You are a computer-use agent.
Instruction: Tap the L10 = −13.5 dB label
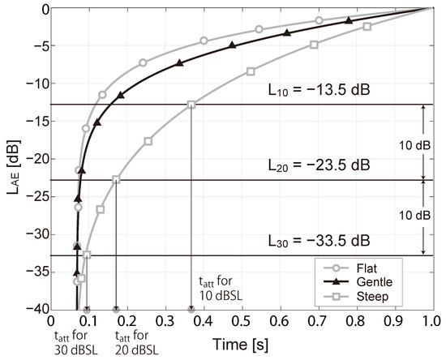[x=319, y=90]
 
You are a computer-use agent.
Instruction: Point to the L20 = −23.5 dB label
[x=319, y=165]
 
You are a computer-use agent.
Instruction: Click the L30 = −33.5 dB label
[x=319, y=241]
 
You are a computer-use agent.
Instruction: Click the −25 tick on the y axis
[x=37, y=196]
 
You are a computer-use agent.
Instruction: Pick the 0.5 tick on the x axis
[x=242, y=321]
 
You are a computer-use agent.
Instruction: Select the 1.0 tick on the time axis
[x=433, y=321]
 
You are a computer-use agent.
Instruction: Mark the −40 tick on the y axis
[x=37, y=309]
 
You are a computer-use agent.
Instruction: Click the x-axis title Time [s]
[x=241, y=345]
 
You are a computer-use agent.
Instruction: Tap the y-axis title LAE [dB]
[x=14, y=167]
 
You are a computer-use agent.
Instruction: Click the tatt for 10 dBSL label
[x=221, y=289]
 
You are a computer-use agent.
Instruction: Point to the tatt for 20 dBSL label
[x=137, y=343]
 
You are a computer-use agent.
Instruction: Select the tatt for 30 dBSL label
[x=76, y=343]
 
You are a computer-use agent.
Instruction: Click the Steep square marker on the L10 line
[x=191, y=105]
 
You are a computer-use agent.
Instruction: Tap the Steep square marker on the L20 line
[x=116, y=179]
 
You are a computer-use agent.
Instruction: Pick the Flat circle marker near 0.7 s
[x=319, y=20]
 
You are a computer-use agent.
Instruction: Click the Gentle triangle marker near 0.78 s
[x=349, y=20]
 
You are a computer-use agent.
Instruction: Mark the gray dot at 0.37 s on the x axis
[x=191, y=310]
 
